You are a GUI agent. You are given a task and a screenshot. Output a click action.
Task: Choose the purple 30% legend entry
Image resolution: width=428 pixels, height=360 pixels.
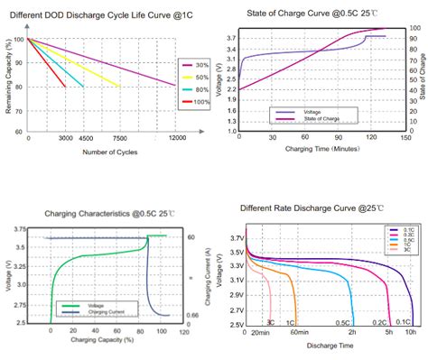(194, 65)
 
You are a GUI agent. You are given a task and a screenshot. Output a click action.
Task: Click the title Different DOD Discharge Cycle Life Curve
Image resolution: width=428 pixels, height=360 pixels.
(103, 15)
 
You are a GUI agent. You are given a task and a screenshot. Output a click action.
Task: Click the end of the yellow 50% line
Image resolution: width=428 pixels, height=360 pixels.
(119, 87)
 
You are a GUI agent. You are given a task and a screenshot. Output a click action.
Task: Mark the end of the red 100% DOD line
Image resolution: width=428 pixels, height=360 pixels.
(66, 87)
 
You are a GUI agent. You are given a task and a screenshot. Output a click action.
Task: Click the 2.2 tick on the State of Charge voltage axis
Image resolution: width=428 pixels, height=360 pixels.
(232, 89)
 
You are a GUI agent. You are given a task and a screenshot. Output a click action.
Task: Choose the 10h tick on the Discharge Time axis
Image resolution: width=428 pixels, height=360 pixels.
(410, 332)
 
